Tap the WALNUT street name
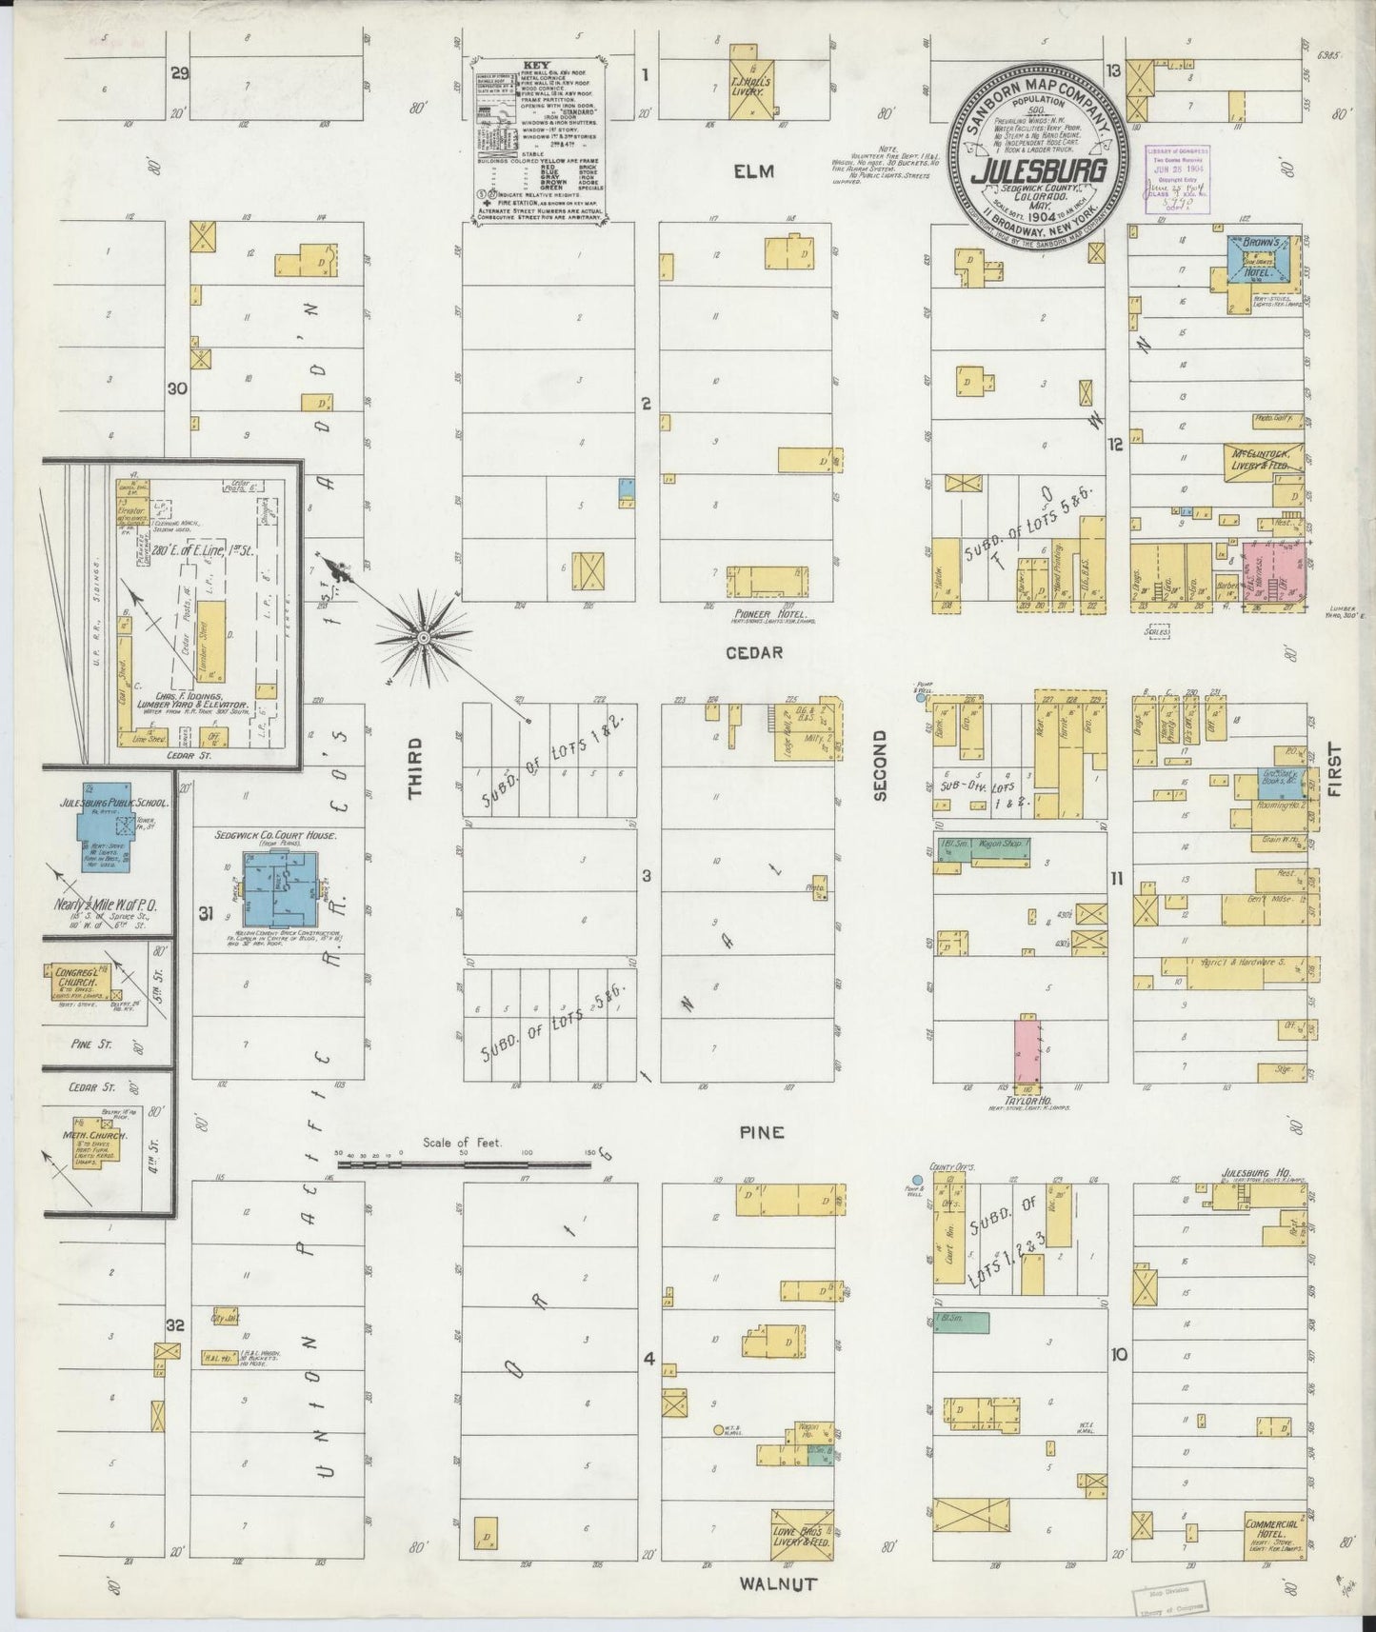point(778,1583)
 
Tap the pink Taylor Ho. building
point(1027,1050)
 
